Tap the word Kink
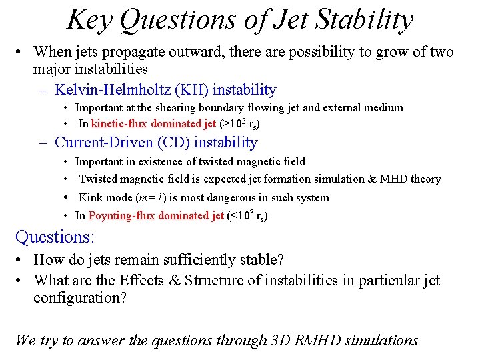tap(91, 197)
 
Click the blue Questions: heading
tap(55, 237)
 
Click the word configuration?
tap(80, 298)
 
